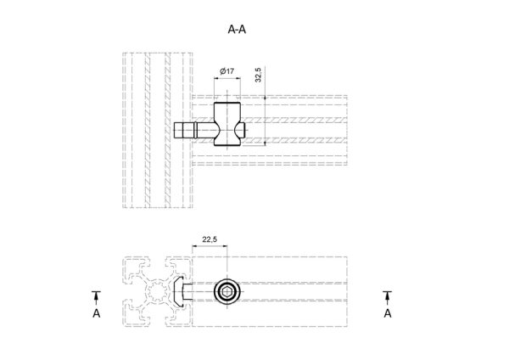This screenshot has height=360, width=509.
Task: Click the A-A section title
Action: tap(237, 30)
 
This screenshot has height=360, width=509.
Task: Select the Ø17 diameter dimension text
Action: tap(227, 71)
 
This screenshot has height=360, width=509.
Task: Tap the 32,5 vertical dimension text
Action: tap(258, 75)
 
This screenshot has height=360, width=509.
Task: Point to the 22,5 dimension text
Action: tap(210, 239)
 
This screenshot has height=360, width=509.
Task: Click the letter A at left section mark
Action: tap(97, 313)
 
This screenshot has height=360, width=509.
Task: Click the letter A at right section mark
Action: tap(388, 313)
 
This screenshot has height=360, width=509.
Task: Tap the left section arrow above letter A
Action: tap(97, 298)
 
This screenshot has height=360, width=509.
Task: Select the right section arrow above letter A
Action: tap(388, 298)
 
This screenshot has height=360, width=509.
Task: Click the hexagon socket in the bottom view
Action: tap(227, 291)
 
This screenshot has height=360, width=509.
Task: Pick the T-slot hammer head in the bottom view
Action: tap(178, 291)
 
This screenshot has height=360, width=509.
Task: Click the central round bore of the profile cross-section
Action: tap(157, 291)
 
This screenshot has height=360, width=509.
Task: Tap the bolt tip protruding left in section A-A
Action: tap(178, 130)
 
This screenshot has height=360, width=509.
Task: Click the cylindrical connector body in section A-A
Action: tap(227, 124)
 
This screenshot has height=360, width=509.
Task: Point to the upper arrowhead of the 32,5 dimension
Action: tap(266, 98)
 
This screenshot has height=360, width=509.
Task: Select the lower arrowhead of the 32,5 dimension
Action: tap(266, 143)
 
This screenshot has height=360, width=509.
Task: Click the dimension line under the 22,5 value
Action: tap(210, 245)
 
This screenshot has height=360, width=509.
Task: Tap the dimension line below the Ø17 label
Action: tap(227, 78)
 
